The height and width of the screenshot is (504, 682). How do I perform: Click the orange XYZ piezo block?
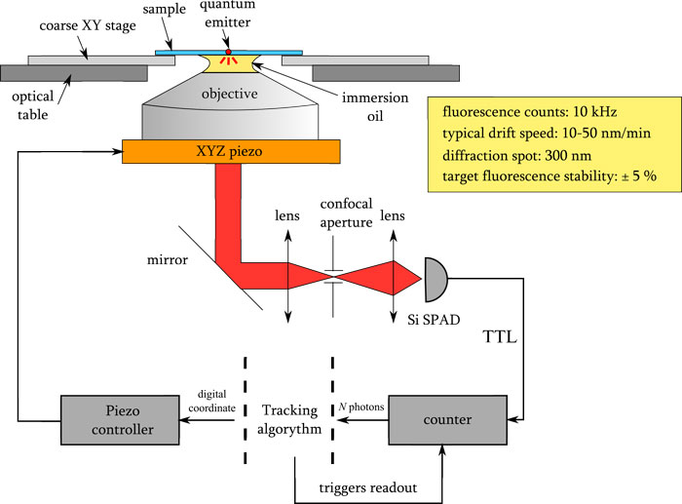tap(231, 152)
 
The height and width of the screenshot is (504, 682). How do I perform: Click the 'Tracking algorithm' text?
tap(290, 418)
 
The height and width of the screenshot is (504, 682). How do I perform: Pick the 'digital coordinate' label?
tap(210, 400)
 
